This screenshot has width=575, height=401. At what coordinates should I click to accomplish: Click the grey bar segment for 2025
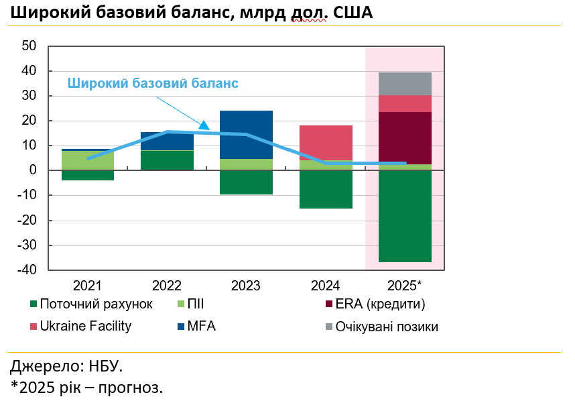405,83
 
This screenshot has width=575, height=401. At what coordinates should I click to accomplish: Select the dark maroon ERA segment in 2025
405,137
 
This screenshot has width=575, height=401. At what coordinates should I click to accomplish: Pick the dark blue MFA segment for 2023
246,134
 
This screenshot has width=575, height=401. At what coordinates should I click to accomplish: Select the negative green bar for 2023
246,182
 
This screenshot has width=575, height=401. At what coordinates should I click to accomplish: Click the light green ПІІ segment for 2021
87,160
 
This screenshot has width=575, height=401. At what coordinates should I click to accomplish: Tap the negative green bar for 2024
326,189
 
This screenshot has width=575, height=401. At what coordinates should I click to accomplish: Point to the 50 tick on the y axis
29,46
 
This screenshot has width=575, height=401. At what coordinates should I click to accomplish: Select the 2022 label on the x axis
167,286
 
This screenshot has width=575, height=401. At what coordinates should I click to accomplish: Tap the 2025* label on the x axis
405,286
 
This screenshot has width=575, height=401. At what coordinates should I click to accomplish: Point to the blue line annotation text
153,83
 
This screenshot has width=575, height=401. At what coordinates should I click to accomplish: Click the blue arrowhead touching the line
204,125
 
